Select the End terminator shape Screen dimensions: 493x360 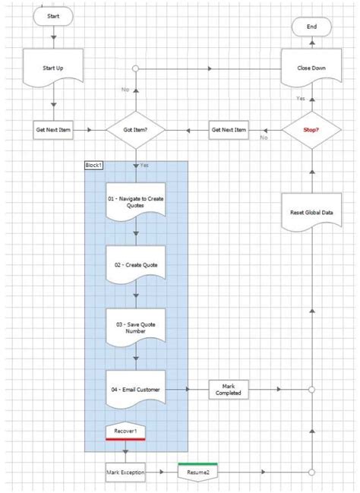pyautogui.click(x=311, y=27)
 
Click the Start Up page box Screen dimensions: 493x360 pyautogui.click(x=54, y=68)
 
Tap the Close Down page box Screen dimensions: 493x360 pyautogui.click(x=311, y=68)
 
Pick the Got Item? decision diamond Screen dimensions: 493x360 pyautogui.click(x=135, y=130)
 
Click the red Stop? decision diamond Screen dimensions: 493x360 pyautogui.click(x=311, y=130)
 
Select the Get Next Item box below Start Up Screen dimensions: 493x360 pyautogui.click(x=54, y=130)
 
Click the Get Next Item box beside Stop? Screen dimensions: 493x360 pyautogui.click(x=229, y=130)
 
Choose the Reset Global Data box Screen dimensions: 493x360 pyautogui.click(x=311, y=213)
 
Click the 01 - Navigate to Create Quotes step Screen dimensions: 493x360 pyautogui.click(x=135, y=201)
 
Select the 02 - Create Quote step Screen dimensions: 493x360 pyautogui.click(x=135, y=264)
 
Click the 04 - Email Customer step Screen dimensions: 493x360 pyautogui.click(x=135, y=389)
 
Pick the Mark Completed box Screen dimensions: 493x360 pyautogui.click(x=229, y=389)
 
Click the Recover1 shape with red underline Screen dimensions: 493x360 pyautogui.click(x=125, y=431)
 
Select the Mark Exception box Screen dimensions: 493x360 pyautogui.click(x=125, y=472)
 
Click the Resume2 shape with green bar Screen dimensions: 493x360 pyautogui.click(x=197, y=472)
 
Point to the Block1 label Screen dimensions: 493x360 pyautogui.click(x=94, y=165)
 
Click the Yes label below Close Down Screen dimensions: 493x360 pyautogui.click(x=301, y=99)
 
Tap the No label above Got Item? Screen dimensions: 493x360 pyautogui.click(x=125, y=90)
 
